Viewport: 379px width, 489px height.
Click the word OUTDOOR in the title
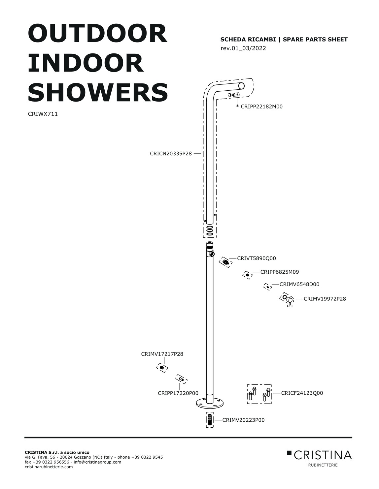pos(98,34)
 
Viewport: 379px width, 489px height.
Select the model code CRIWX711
pos(43,114)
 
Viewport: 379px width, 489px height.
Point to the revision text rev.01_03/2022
pos(243,48)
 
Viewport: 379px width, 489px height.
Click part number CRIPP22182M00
pos(261,107)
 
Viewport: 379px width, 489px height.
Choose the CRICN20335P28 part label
pos(171,154)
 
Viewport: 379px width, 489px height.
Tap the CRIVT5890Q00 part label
pos(257,258)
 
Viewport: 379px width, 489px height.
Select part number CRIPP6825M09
pos(280,272)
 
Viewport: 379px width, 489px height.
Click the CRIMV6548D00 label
pos(299,285)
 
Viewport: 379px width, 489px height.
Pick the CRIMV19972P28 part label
pos(325,299)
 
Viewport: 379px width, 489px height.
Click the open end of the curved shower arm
pos(241,86)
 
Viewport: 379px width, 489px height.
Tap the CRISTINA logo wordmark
pos(323,455)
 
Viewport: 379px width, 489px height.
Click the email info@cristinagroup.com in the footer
pos(97,462)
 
